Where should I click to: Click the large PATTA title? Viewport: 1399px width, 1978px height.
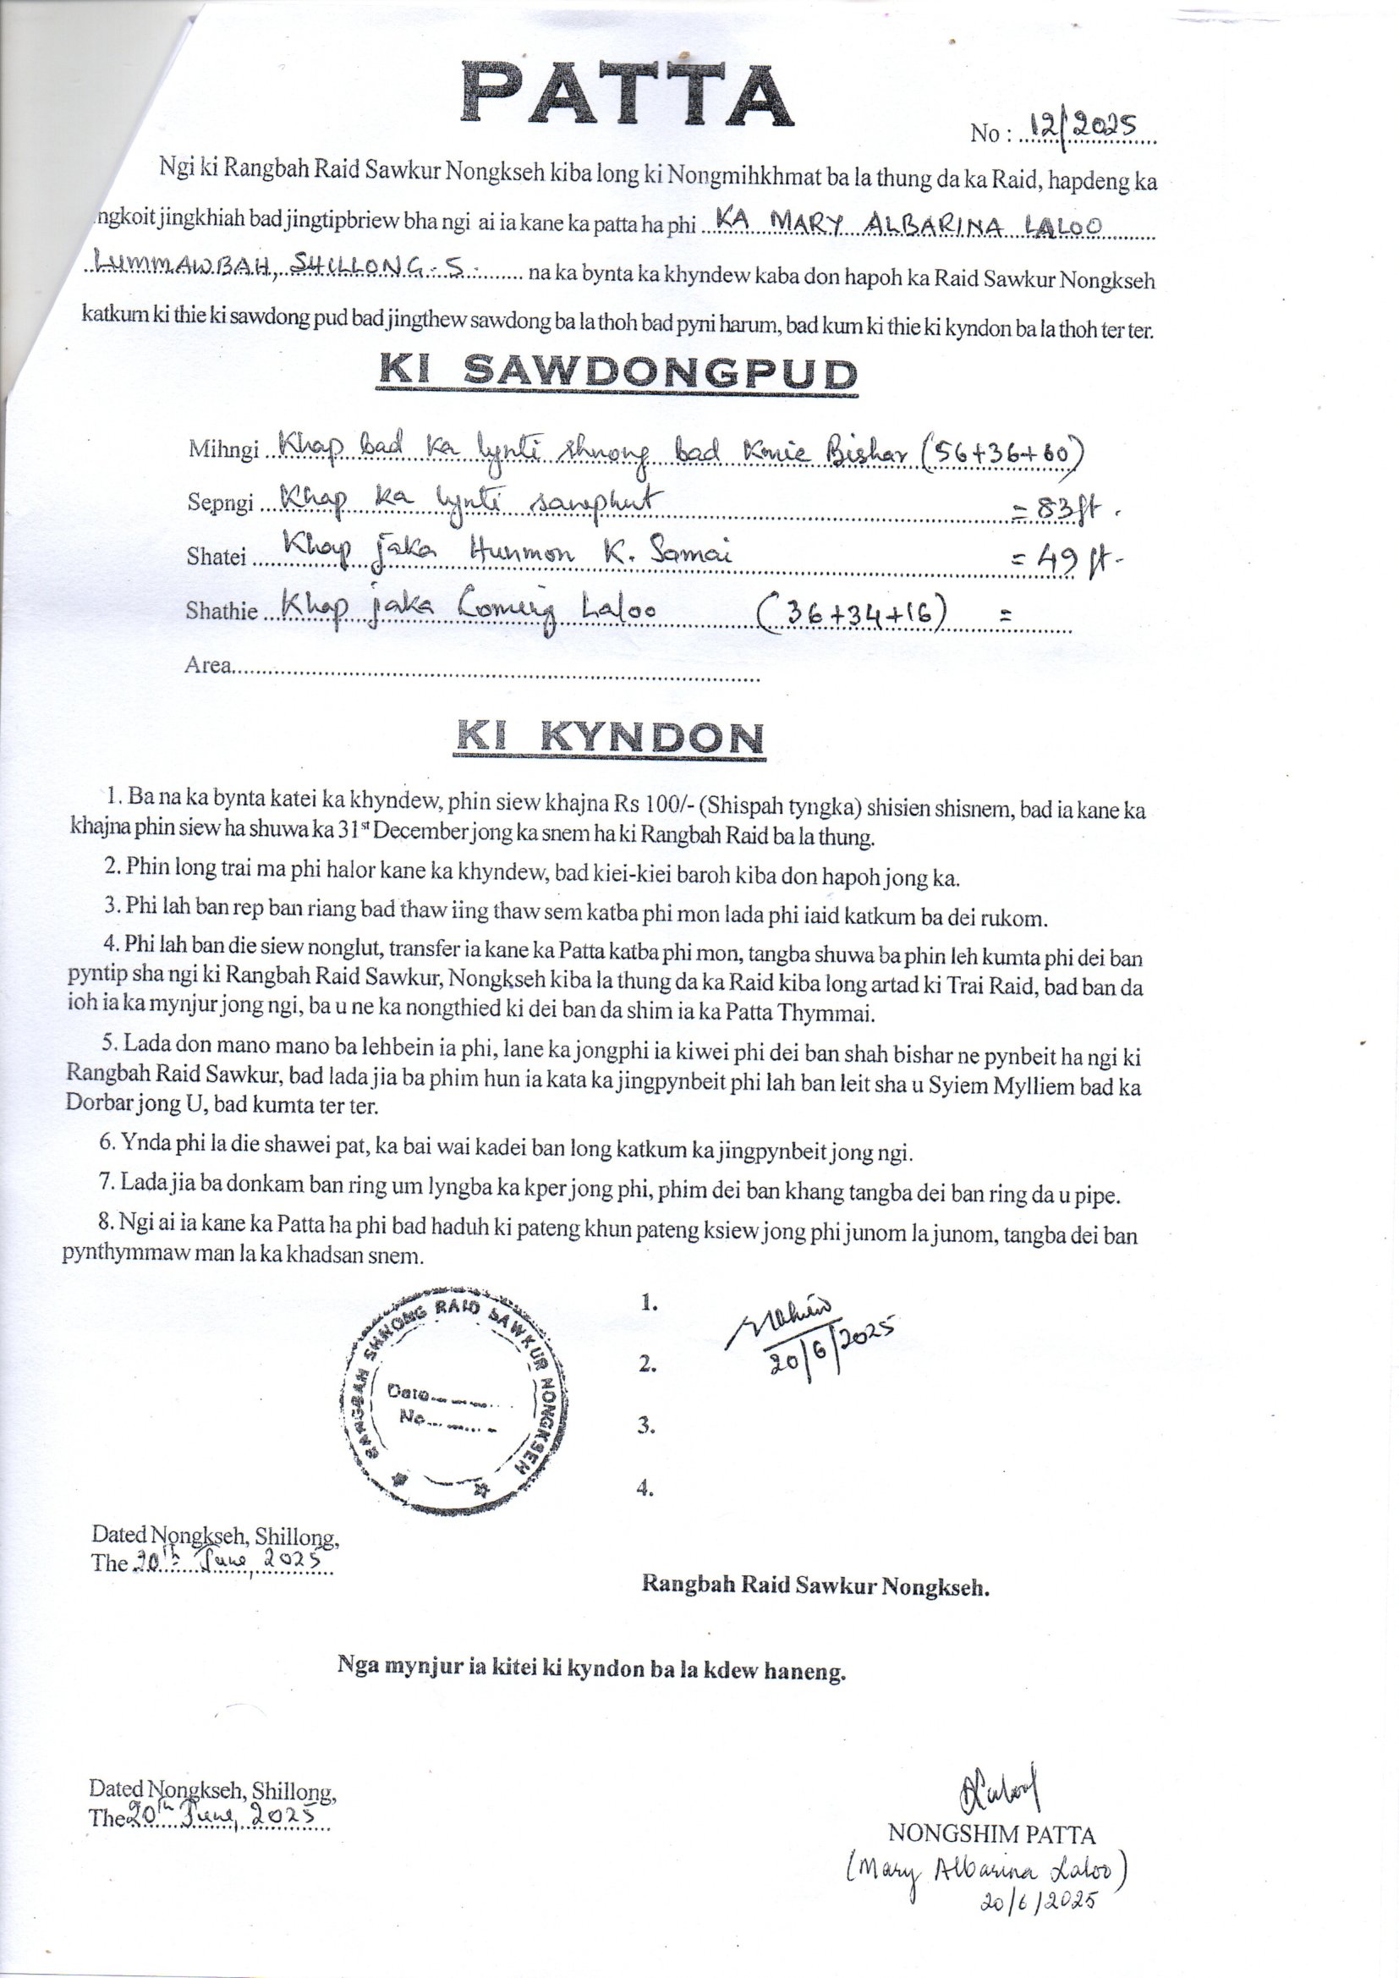tap(626, 95)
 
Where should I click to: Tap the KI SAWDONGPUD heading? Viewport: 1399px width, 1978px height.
tap(617, 372)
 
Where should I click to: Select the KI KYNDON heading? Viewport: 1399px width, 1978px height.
tap(609, 737)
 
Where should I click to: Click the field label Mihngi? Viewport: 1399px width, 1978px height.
tap(223, 450)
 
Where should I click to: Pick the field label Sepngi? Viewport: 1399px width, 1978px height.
tap(221, 503)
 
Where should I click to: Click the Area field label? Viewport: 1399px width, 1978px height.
tap(207, 665)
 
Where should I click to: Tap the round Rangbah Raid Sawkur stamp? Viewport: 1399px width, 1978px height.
tap(453, 1402)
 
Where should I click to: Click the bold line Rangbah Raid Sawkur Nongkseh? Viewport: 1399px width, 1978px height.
tap(815, 1585)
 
